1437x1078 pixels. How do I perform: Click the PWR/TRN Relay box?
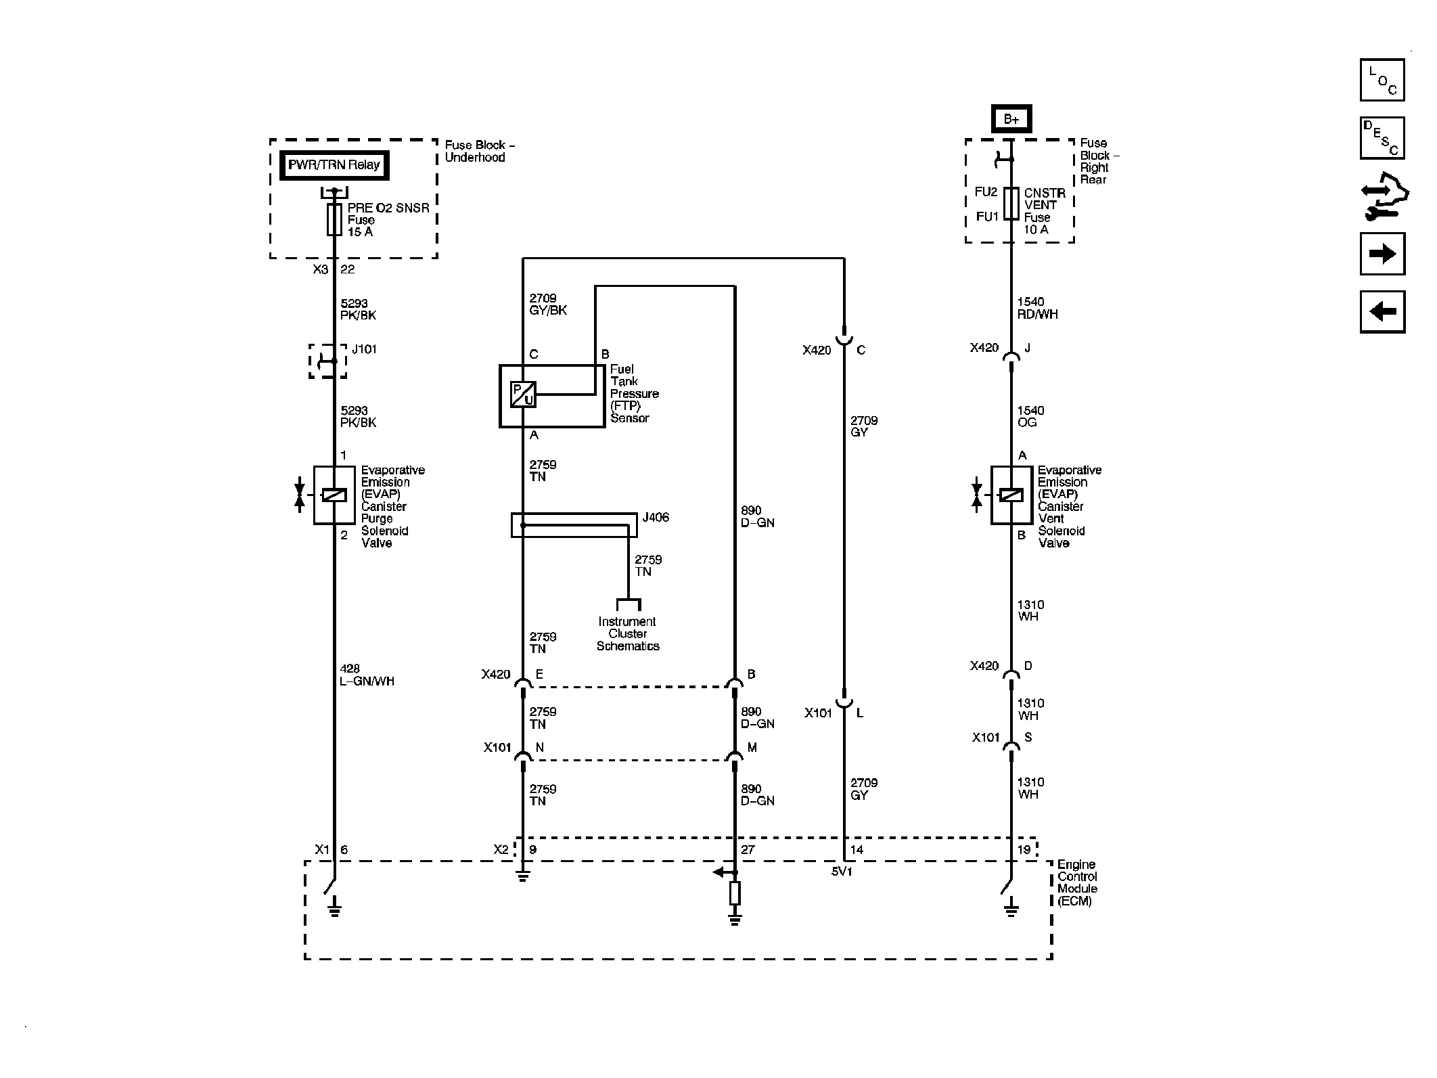pos(334,165)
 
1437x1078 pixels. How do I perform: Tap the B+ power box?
pos(1011,119)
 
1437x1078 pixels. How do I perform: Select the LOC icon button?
pos(1382,81)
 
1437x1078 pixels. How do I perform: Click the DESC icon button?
pos(1382,138)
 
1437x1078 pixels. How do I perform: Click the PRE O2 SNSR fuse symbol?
pos(334,220)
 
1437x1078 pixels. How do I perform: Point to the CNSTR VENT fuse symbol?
pos(1011,204)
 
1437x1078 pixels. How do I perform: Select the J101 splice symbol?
pos(329,361)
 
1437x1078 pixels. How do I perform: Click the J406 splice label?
pos(656,518)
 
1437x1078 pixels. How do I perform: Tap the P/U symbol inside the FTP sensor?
pos(523,395)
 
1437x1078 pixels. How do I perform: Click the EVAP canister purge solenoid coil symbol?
pos(334,495)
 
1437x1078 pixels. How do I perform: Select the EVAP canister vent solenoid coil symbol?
pos(1011,495)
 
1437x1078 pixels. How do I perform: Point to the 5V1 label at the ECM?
pos(842,872)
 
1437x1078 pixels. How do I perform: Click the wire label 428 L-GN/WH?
pos(367,675)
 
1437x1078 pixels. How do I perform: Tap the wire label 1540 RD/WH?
pos(1037,308)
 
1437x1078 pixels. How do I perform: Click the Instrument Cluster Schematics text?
pos(627,634)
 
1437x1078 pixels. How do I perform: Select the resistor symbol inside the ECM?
pos(735,893)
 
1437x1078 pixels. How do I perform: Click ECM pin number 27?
pos(748,850)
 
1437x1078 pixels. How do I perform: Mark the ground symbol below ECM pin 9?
pos(522,878)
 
